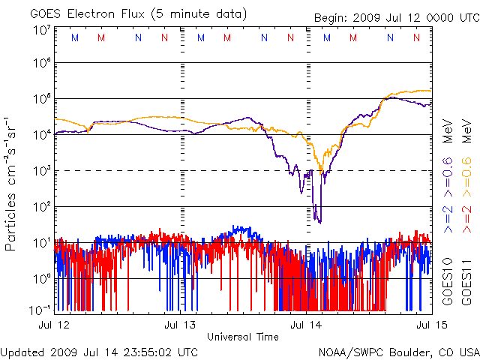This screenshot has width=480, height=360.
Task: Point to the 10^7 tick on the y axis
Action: [x=40, y=31]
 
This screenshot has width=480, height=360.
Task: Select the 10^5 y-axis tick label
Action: [x=40, y=98]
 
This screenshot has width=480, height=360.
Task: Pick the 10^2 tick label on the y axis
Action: [x=40, y=206]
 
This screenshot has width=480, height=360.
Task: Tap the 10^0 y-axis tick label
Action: [x=40, y=278]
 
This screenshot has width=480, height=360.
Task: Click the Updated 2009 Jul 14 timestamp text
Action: [x=100, y=351]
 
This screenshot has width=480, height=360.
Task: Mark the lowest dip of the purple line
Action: [x=319, y=223]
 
